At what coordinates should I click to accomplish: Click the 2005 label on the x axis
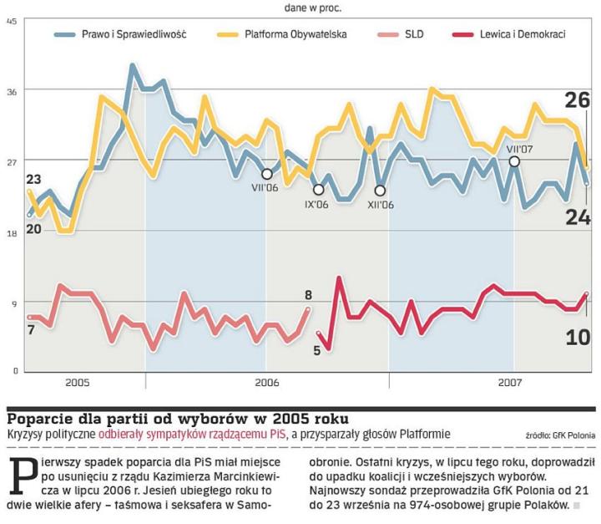click(x=77, y=382)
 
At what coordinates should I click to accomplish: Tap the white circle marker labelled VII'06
click(x=267, y=174)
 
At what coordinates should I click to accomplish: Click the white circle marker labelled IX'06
click(x=318, y=190)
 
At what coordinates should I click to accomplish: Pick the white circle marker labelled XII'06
click(x=381, y=191)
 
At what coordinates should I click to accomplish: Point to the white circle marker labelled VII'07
click(x=514, y=160)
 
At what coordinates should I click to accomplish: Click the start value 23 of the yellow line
click(x=33, y=180)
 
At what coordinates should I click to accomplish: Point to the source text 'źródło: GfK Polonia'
click(x=559, y=435)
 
